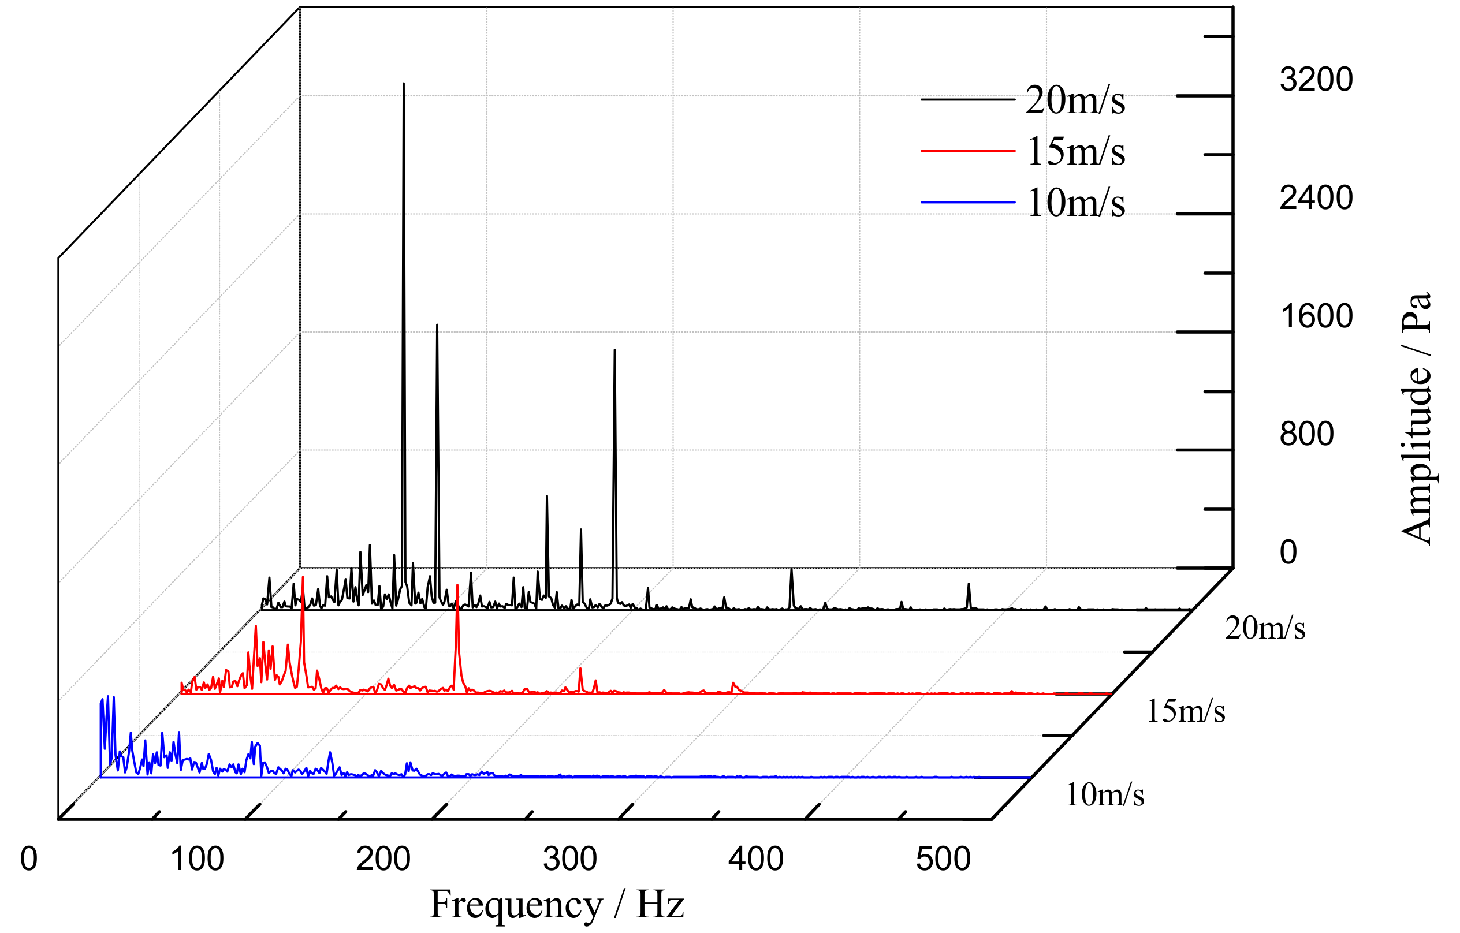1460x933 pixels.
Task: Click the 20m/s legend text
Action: (1074, 100)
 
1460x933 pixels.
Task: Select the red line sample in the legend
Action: (968, 150)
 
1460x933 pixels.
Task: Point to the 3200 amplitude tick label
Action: (1316, 80)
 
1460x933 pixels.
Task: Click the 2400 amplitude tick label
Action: (1316, 197)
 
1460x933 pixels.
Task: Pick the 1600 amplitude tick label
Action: (1316, 316)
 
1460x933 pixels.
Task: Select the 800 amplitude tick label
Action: (1306, 434)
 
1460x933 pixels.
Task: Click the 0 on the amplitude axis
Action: (1288, 552)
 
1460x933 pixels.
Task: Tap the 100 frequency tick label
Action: (197, 859)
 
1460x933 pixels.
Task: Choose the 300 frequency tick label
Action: (570, 859)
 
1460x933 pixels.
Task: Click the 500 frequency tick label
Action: (943, 859)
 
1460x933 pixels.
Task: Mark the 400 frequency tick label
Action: (756, 859)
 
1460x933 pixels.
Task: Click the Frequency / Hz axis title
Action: (557, 905)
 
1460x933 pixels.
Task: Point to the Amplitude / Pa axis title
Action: (1418, 419)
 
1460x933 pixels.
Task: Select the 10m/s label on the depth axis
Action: (1104, 794)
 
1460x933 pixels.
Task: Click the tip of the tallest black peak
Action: (404, 84)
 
